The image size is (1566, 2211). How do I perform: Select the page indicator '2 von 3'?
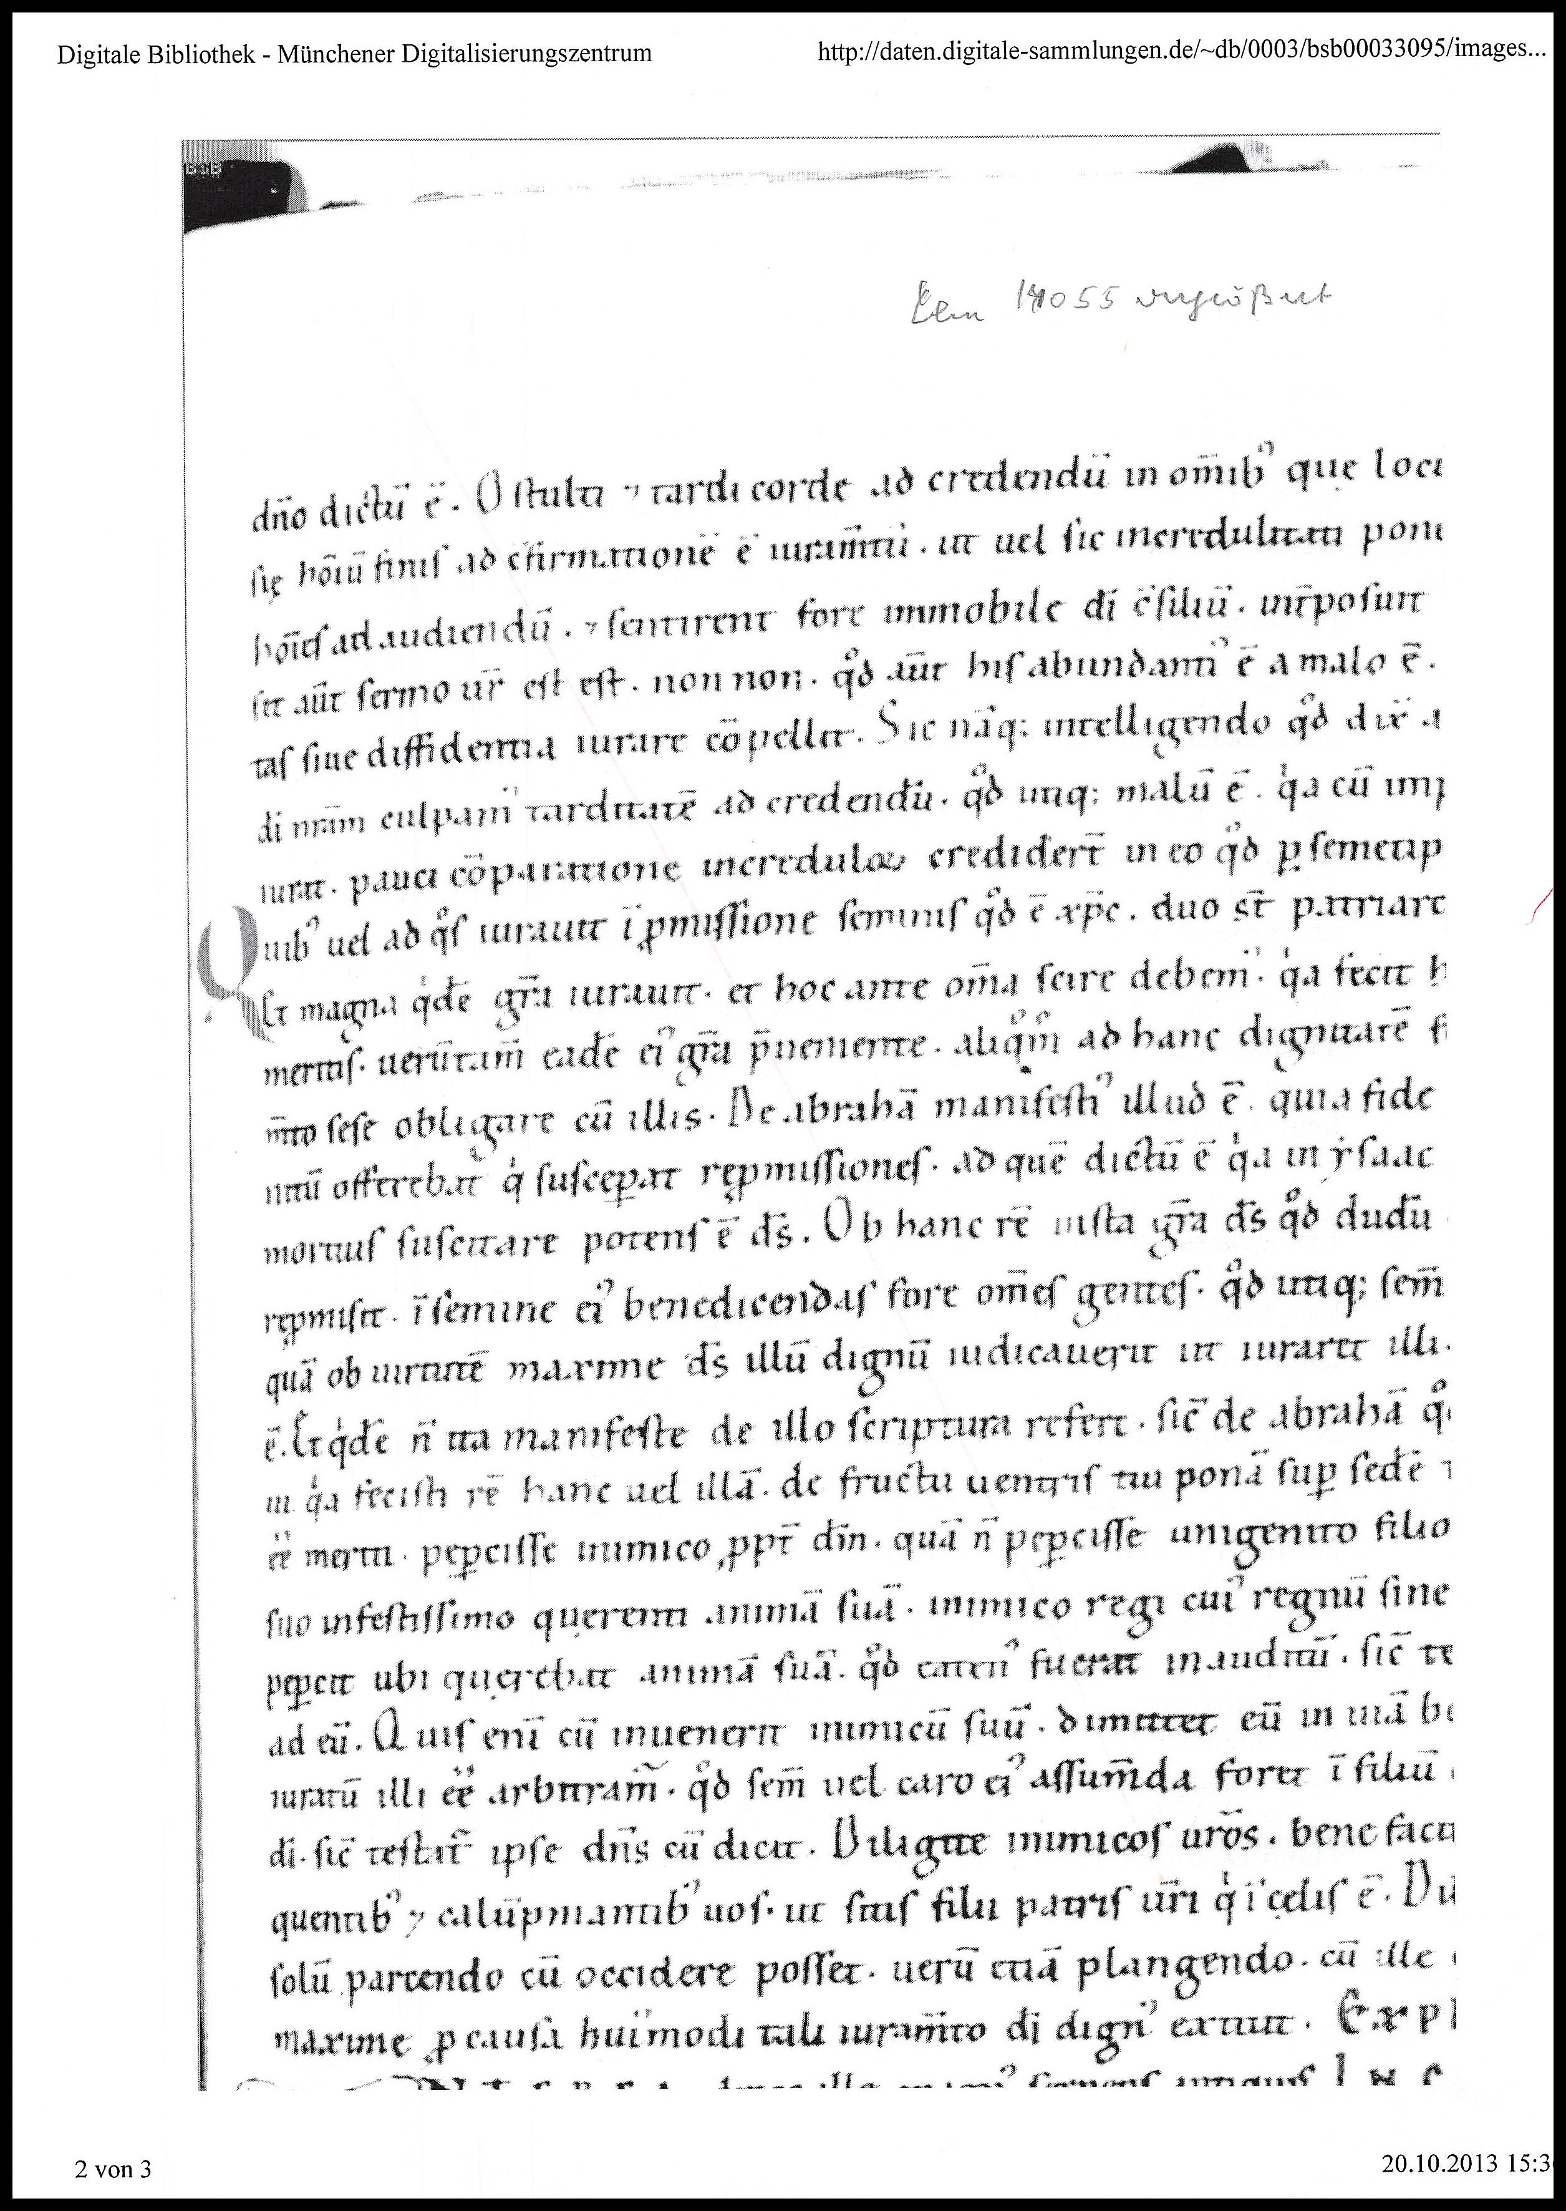coord(113,2170)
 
